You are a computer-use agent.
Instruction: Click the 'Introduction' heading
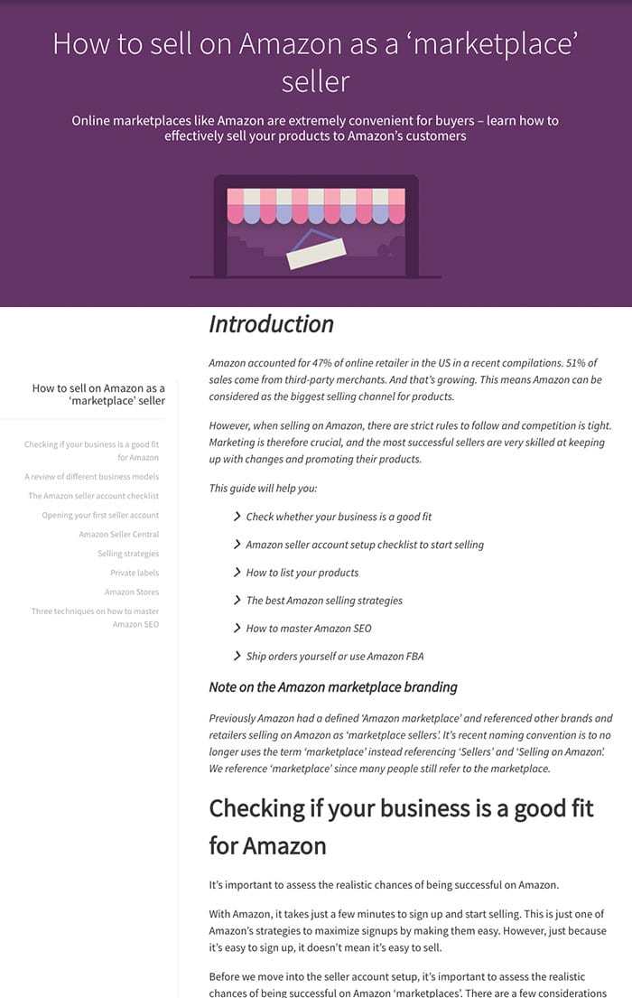click(x=271, y=324)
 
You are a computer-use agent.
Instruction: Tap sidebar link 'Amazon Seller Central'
click(x=118, y=535)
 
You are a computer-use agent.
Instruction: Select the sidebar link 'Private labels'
click(x=135, y=573)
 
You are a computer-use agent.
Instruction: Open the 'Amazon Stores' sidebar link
click(x=131, y=592)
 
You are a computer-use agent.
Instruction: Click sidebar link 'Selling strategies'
click(x=128, y=554)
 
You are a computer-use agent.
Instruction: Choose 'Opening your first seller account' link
click(x=100, y=516)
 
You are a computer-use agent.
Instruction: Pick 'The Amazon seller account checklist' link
click(x=93, y=496)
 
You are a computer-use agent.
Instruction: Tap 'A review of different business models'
click(x=91, y=477)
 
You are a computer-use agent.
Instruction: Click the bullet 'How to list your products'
click(x=302, y=573)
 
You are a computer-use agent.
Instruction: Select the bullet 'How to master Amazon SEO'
click(x=308, y=629)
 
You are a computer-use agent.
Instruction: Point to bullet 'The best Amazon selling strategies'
click(x=324, y=601)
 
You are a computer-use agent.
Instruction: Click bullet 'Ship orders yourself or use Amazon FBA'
click(x=334, y=657)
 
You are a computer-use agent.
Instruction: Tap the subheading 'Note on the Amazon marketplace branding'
click(x=333, y=687)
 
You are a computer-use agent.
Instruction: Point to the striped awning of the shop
click(x=316, y=206)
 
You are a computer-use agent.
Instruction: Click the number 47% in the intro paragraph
click(x=323, y=362)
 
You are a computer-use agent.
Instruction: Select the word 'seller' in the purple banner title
click(x=315, y=81)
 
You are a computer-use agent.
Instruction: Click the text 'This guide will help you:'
click(x=263, y=489)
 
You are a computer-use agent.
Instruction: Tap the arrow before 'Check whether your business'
click(x=237, y=517)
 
